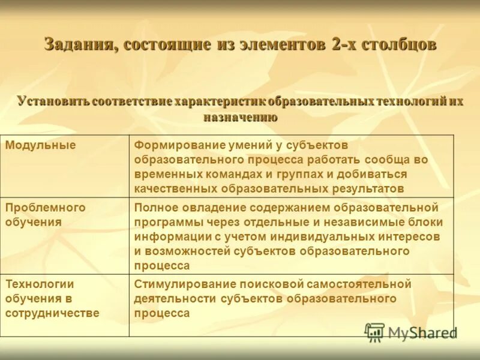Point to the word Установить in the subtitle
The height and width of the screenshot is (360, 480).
[53, 101]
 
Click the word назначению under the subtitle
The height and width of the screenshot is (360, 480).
[240, 116]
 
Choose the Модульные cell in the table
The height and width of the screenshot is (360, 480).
[40, 145]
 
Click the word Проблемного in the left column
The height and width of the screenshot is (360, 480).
[45, 208]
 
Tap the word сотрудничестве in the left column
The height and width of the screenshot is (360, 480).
[52, 313]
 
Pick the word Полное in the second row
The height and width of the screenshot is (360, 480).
[154, 208]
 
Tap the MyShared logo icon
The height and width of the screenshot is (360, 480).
[374, 331]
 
